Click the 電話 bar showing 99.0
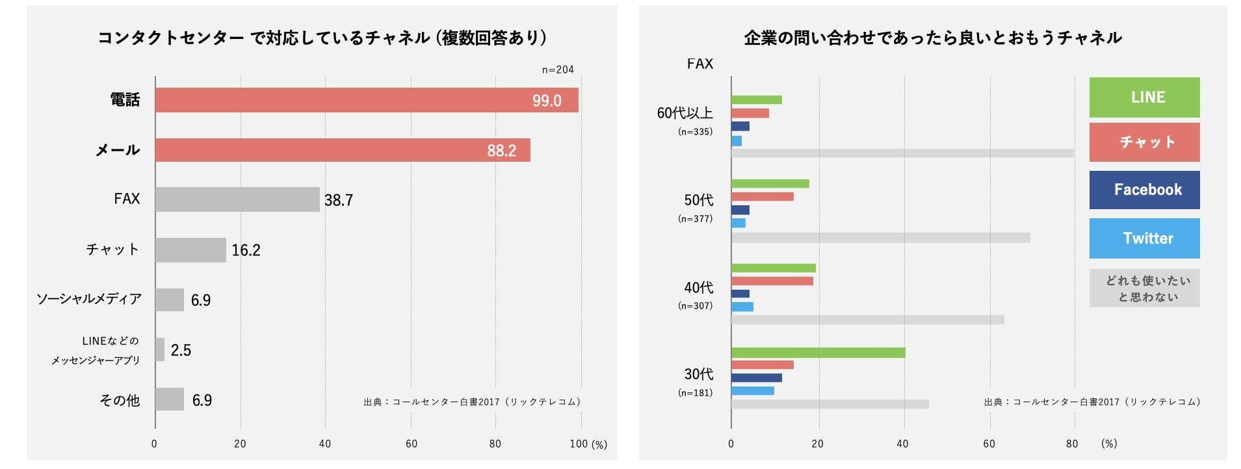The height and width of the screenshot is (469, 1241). pyautogui.click(x=367, y=100)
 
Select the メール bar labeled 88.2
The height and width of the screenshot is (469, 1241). pyautogui.click(x=343, y=150)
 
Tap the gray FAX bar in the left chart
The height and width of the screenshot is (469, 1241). pyautogui.click(x=237, y=199)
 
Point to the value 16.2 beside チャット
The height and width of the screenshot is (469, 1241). pyautogui.click(x=246, y=250)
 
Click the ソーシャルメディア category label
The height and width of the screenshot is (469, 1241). pyautogui.click(x=89, y=299)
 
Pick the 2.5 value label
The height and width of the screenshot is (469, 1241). pyautogui.click(x=181, y=351)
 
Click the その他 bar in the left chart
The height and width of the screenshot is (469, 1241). pyautogui.click(x=170, y=399)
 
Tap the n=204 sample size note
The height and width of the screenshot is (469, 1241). pyautogui.click(x=558, y=70)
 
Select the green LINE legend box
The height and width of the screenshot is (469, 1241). pyautogui.click(x=1144, y=97)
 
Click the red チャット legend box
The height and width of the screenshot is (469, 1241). pyautogui.click(x=1144, y=142)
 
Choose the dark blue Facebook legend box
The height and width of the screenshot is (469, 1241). pyautogui.click(x=1144, y=190)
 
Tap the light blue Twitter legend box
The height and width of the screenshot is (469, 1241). pyautogui.click(x=1144, y=238)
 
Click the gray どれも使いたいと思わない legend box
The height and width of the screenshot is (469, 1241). pyautogui.click(x=1144, y=288)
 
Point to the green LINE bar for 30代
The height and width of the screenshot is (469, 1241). pyautogui.click(x=818, y=353)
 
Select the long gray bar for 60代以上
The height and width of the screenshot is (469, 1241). pyautogui.click(x=902, y=153)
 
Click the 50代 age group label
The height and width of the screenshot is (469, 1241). pyautogui.click(x=698, y=200)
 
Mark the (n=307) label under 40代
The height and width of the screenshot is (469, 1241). pyautogui.click(x=695, y=305)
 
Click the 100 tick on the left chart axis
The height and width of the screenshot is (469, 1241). pyautogui.click(x=578, y=444)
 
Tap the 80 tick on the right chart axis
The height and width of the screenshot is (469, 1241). pyautogui.click(x=1072, y=444)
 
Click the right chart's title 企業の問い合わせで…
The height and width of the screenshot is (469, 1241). pyautogui.click(x=933, y=38)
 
